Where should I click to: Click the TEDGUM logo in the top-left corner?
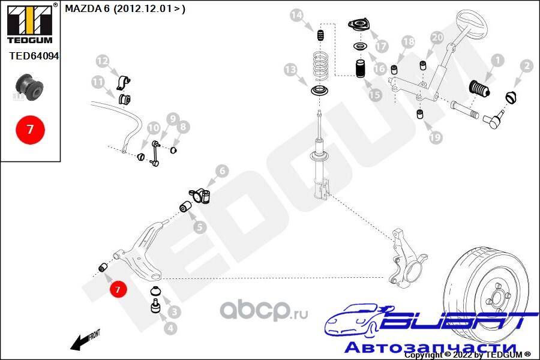tap(30, 23)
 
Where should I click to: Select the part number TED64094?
tap(34, 56)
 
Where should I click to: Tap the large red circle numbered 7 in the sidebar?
tap(31, 130)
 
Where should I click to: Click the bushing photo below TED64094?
tap(30, 87)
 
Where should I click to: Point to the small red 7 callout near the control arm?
tap(118, 289)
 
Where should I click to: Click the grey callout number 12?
tap(102, 61)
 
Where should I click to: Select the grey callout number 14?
tap(296, 15)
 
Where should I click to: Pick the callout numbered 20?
tap(437, 37)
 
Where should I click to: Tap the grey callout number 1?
tap(497, 61)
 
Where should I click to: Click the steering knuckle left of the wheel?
tap(407, 257)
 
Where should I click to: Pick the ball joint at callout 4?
tap(155, 306)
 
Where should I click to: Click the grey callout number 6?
tap(222, 171)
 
